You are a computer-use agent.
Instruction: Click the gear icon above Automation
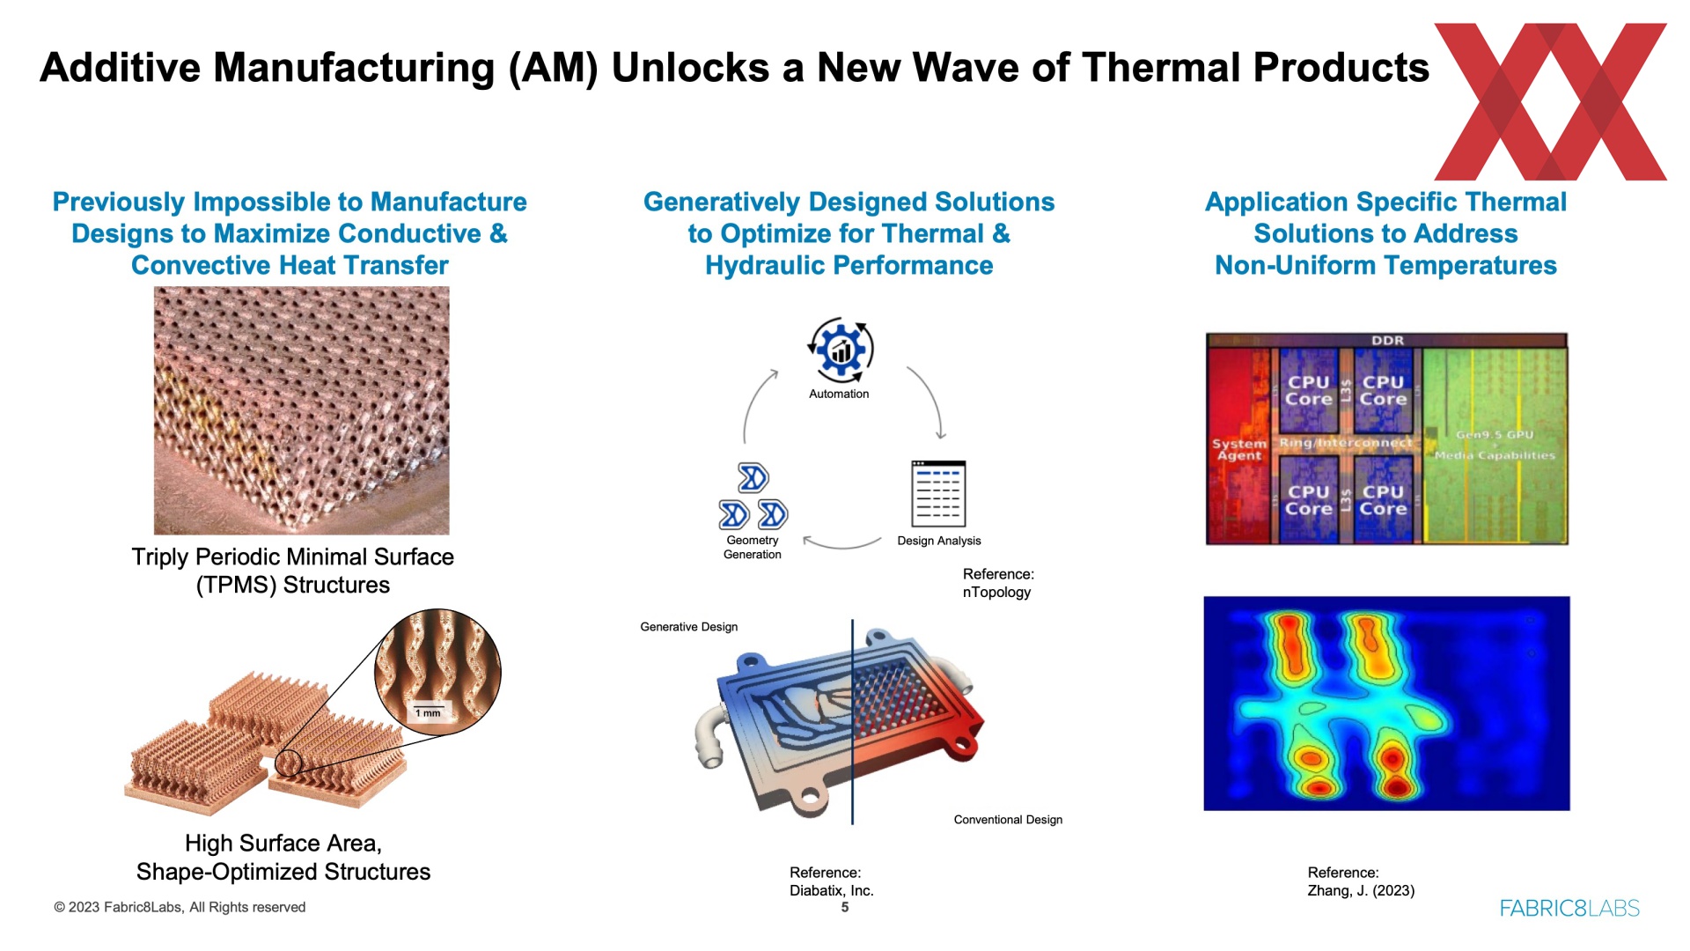[841, 350]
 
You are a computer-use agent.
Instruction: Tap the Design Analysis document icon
[938, 493]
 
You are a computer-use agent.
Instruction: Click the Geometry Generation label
[753, 547]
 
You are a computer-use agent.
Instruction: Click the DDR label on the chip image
[1387, 341]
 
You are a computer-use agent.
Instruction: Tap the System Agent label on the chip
[1239, 449]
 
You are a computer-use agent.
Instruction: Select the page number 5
[845, 907]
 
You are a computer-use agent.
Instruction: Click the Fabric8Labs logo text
[1569, 908]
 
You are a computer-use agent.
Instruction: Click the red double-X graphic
[1550, 101]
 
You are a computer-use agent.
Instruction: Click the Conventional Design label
[1008, 820]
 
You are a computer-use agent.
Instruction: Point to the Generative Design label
[689, 627]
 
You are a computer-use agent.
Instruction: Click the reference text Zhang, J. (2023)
[1361, 890]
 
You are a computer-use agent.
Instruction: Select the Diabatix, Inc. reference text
[832, 890]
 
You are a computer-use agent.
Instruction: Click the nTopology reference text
[996, 593]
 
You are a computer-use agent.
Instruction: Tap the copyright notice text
[180, 907]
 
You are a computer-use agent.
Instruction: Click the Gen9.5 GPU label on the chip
[1495, 435]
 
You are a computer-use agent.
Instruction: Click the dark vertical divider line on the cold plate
[852, 722]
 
